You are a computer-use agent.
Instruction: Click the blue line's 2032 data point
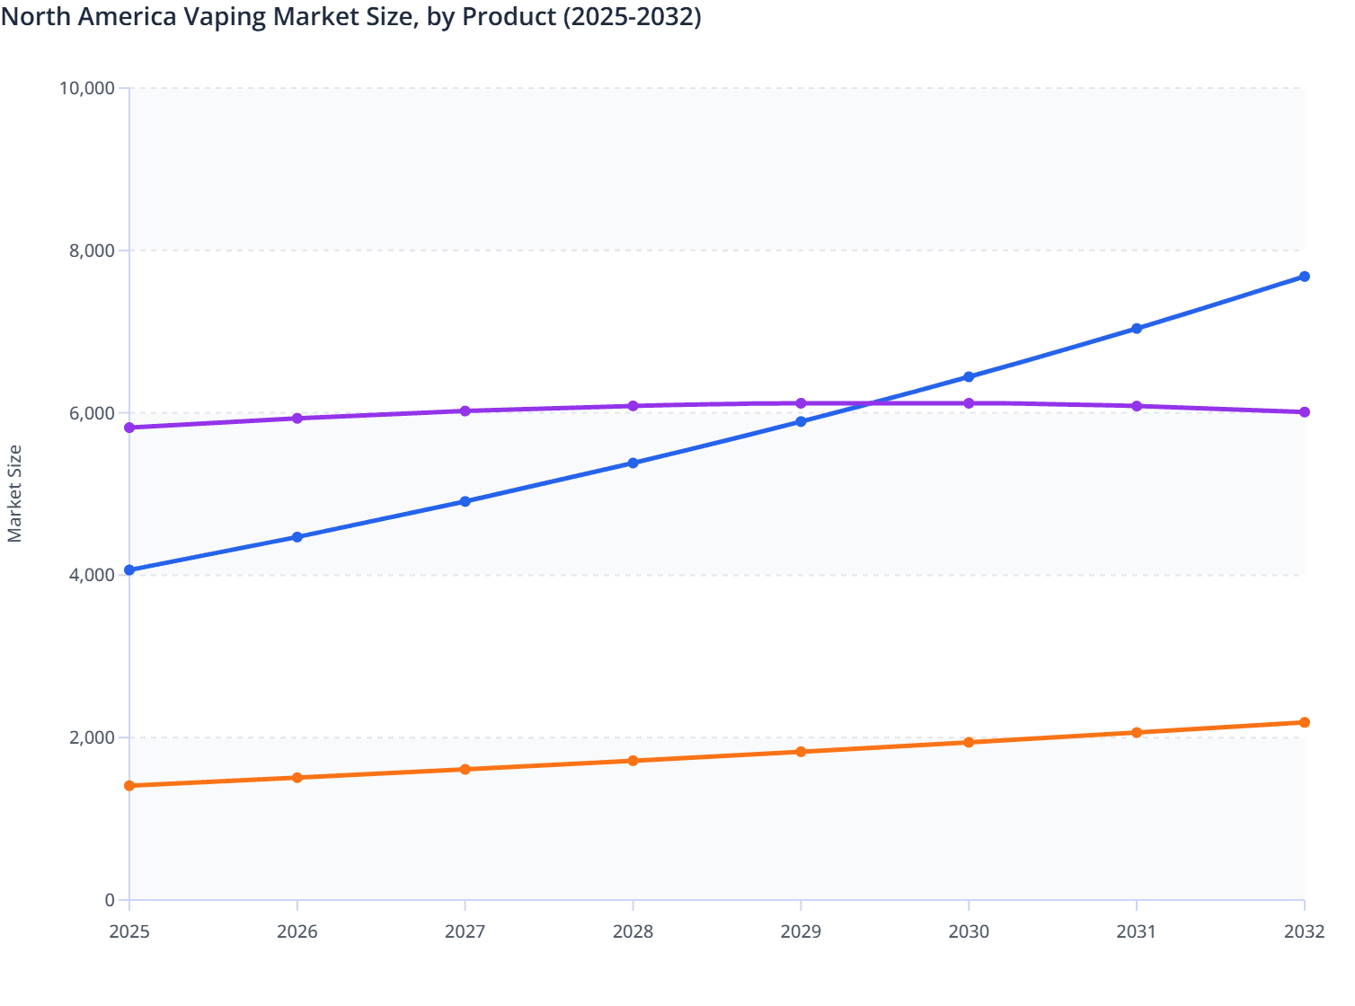pos(1304,277)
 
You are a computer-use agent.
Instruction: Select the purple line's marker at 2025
pos(129,428)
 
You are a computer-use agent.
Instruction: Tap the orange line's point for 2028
pos(633,761)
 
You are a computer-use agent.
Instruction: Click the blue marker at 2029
pos(801,421)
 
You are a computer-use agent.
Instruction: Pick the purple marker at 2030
pos(969,403)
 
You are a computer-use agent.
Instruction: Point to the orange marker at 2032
pos(1304,722)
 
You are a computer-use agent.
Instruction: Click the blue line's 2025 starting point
pos(129,570)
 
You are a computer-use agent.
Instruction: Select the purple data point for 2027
pos(465,410)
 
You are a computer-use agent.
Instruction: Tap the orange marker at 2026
pos(297,778)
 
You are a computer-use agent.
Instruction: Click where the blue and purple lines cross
pos(871,403)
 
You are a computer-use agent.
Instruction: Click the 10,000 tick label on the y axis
pos(86,88)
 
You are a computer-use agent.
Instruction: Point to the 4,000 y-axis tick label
pos(92,575)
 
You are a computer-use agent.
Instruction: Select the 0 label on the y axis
pos(110,900)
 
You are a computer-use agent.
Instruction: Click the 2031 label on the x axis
pos(1137,932)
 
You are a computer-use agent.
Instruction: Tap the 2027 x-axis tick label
pos(465,932)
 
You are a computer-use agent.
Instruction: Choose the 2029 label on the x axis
pos(801,932)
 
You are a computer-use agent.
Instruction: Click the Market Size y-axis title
pos(14,494)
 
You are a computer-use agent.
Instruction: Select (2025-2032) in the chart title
pos(632,16)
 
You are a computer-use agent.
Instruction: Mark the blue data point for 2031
pos(1137,329)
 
